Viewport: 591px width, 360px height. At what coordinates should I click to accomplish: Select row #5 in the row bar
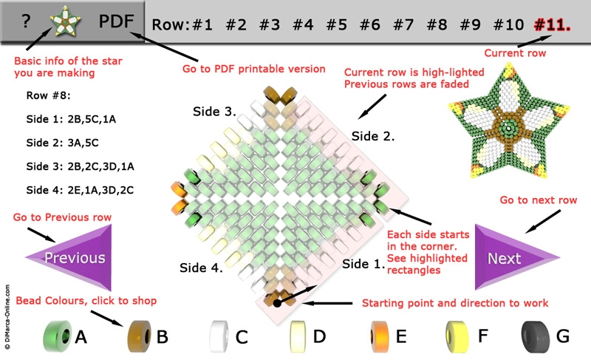[x=337, y=24]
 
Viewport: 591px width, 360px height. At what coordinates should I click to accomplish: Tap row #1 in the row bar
[x=202, y=24]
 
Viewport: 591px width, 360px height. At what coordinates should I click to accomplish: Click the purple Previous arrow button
[x=71, y=257]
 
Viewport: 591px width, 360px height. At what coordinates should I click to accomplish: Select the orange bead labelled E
[x=379, y=336]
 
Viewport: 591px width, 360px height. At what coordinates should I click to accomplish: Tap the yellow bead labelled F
[x=460, y=336]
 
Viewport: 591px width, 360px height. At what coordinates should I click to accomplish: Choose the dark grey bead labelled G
[x=536, y=336]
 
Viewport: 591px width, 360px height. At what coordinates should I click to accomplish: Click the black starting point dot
[x=277, y=302]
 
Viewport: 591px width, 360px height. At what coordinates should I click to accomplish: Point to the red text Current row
[x=515, y=53]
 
